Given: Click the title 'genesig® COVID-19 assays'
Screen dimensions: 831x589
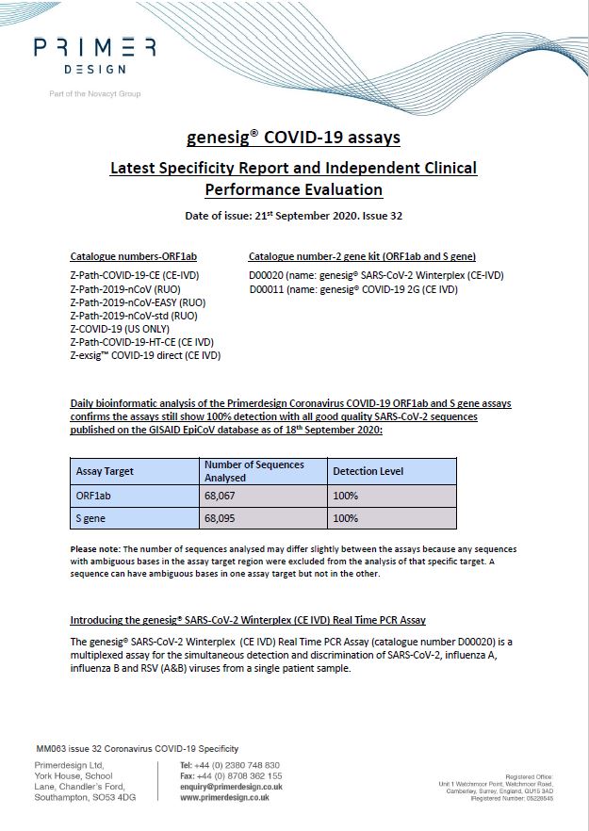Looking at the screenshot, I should click(294, 138).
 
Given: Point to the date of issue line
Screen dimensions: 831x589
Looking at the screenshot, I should click(294, 216).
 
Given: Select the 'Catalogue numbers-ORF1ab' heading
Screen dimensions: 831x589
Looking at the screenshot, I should click(134, 256).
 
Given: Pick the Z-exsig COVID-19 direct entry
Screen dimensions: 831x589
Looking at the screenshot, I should click(145, 355).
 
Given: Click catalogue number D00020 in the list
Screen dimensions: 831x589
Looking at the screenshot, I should click(269, 275).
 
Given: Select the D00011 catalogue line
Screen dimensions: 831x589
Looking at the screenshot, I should click(269, 289).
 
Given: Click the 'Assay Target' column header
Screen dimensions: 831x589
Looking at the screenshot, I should click(105, 471).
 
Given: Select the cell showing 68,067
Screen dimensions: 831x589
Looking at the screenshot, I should click(223, 495).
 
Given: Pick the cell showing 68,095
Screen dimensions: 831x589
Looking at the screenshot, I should click(223, 518).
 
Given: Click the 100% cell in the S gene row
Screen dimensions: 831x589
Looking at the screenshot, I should click(346, 518).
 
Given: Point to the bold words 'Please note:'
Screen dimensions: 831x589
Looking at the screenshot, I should click(98, 549).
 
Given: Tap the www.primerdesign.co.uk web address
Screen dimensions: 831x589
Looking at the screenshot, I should click(224, 797).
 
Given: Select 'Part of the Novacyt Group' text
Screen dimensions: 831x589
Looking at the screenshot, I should click(94, 94).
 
